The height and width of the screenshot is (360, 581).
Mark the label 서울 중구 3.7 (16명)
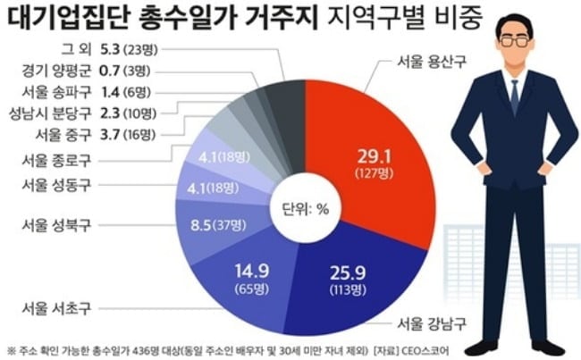click(94, 135)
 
